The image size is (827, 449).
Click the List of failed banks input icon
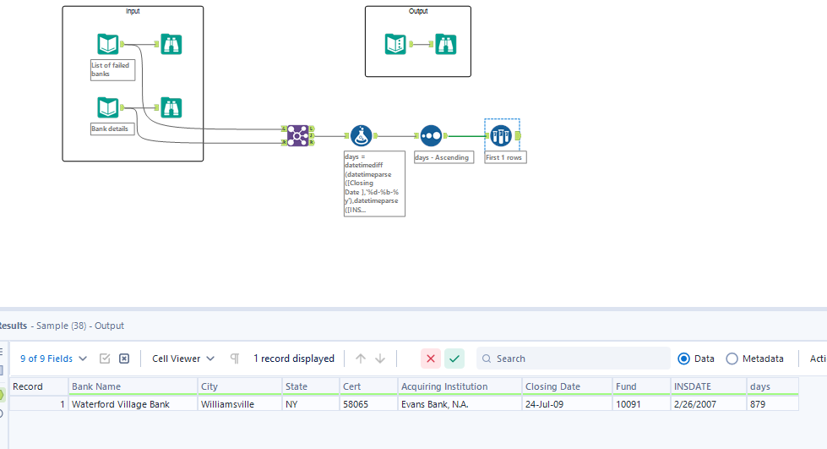point(107,44)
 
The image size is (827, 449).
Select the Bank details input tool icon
point(107,107)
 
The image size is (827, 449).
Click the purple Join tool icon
point(297,136)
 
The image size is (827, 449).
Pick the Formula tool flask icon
point(362,136)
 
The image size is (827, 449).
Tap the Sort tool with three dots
point(431,136)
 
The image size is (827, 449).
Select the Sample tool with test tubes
point(501,136)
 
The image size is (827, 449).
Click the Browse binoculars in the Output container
point(446,44)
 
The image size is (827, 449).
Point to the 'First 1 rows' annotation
point(505,157)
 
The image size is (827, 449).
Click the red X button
point(431,359)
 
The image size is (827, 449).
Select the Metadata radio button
point(732,359)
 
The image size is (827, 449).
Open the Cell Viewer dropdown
point(183,359)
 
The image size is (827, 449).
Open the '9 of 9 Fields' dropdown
point(53,359)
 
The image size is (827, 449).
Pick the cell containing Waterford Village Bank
point(133,404)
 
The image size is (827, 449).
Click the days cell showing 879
point(772,404)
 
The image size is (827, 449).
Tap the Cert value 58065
point(368,404)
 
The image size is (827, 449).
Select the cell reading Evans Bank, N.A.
point(460,404)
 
